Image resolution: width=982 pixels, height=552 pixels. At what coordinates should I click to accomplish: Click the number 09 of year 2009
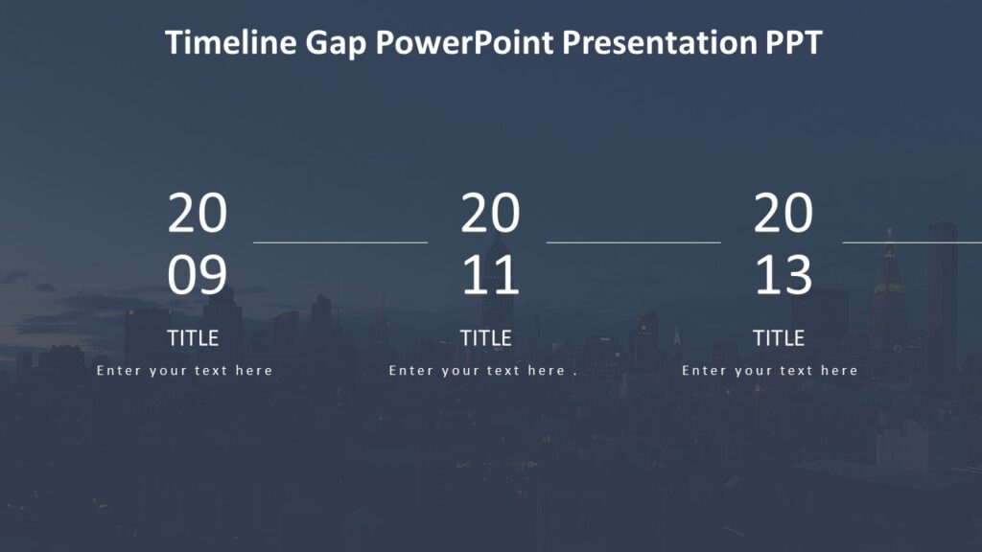click(x=197, y=276)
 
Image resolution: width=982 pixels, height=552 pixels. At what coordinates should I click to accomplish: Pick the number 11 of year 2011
click(x=490, y=276)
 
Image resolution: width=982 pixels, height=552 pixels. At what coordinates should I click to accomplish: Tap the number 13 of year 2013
click(x=783, y=276)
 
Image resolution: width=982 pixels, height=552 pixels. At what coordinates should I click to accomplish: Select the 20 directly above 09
click(x=197, y=214)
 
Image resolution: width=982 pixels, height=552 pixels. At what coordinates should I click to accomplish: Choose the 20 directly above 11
click(x=490, y=214)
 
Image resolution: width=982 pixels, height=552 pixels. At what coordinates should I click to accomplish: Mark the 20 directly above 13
click(x=783, y=214)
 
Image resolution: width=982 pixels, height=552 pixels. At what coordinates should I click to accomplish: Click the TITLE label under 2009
click(x=193, y=338)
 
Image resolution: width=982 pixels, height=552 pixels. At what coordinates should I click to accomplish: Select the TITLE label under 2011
click(x=485, y=338)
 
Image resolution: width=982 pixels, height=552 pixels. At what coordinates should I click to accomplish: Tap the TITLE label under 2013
click(x=778, y=338)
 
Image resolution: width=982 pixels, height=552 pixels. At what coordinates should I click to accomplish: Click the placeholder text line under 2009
click(x=185, y=371)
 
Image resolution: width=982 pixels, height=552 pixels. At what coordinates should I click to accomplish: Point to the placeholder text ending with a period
click(x=482, y=371)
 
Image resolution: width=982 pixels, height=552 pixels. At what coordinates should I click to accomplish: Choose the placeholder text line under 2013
click(x=770, y=371)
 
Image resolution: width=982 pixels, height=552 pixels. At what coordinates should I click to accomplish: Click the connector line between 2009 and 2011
click(x=340, y=242)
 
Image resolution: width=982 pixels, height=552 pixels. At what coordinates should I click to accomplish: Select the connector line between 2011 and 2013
click(x=633, y=242)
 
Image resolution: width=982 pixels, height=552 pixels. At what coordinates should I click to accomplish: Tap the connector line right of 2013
click(x=912, y=242)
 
